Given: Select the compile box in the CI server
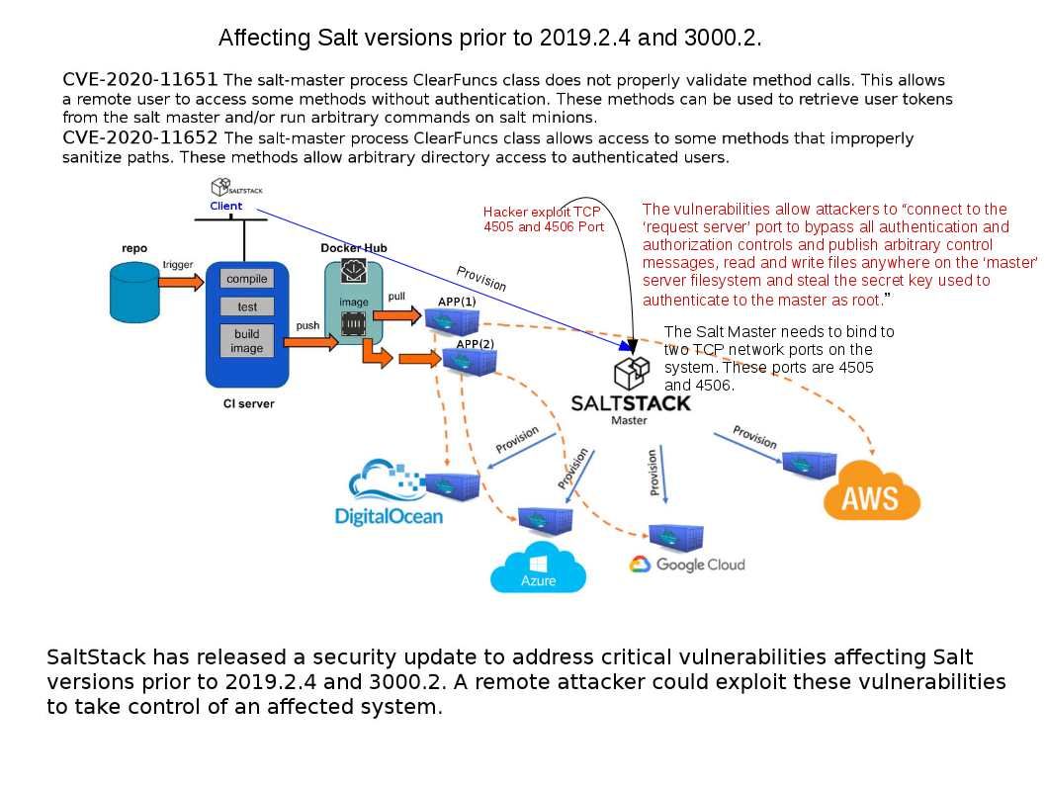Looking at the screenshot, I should click(247, 279).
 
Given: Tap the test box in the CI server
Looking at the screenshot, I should click(247, 307).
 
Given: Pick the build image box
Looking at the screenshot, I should click(247, 341).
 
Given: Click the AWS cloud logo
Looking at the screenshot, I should click(871, 491).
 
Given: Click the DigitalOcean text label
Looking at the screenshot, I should click(390, 516).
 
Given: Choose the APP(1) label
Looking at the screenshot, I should click(457, 301).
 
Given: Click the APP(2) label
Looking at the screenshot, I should click(475, 343).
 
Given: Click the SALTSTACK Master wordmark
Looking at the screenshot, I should click(631, 403).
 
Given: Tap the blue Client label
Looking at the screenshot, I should click(225, 206).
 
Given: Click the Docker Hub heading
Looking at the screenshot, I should click(354, 247).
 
